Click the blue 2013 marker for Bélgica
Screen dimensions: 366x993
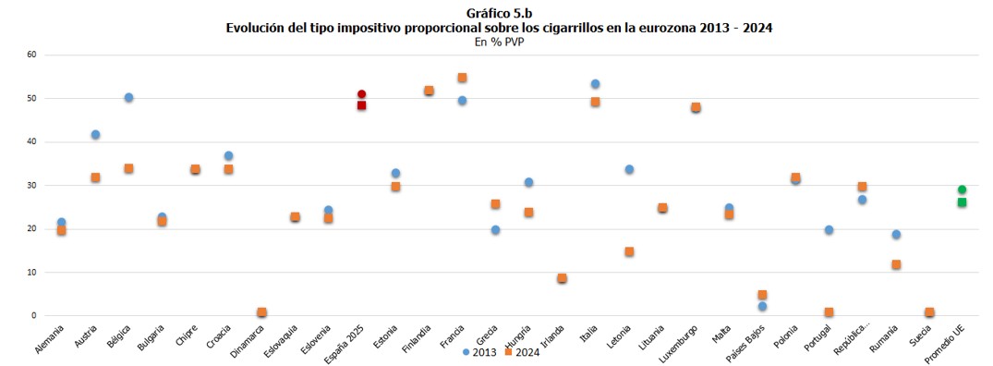(x=128, y=98)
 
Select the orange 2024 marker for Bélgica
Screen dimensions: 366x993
(x=128, y=169)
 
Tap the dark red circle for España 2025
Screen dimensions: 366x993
(x=362, y=94)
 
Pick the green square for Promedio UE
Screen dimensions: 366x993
(x=962, y=202)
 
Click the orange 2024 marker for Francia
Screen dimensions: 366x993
(x=462, y=78)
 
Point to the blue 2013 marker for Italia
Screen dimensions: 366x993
(x=595, y=84)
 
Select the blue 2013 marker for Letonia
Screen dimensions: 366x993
(x=629, y=169)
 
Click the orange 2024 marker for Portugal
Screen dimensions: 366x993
(x=829, y=312)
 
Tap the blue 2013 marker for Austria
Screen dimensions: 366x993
(x=95, y=135)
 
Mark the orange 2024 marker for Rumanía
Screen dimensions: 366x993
(x=895, y=264)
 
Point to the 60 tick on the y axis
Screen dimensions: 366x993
(x=30, y=55)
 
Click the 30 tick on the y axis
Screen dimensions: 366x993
(x=30, y=186)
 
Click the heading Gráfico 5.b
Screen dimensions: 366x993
(x=499, y=13)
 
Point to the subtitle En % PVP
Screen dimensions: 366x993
(x=499, y=42)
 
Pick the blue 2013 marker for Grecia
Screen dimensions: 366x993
(x=495, y=230)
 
